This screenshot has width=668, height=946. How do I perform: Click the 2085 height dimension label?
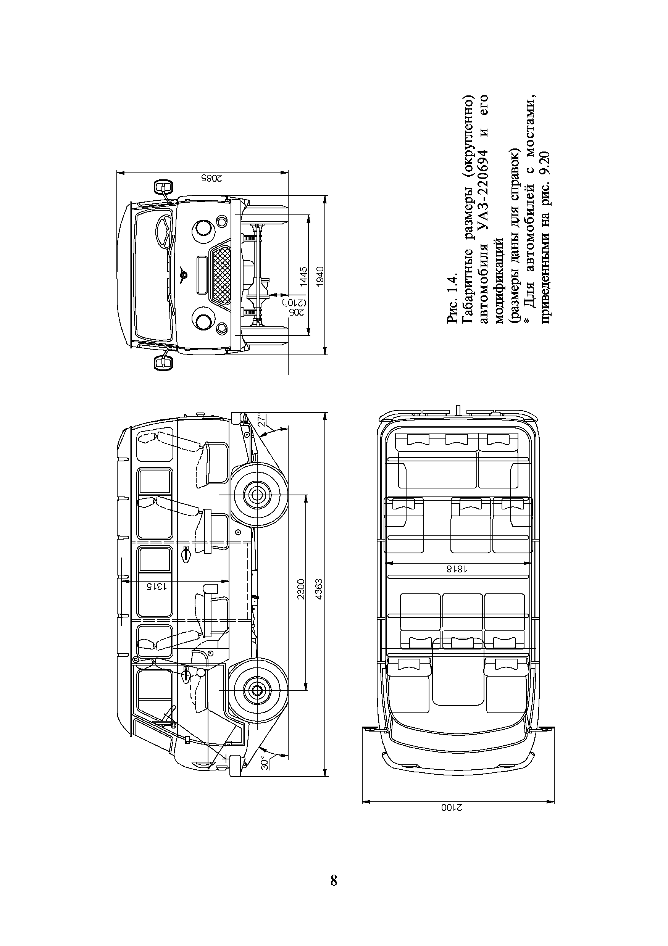click(x=212, y=178)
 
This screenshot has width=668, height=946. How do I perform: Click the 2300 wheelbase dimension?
click(x=301, y=589)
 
